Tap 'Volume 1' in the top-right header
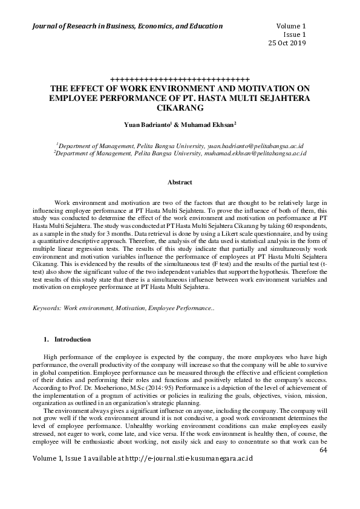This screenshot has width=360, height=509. [x=291, y=26]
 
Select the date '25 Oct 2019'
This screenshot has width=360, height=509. [x=287, y=43]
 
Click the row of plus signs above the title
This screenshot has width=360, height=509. [x=180, y=79]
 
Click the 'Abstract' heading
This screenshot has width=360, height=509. [x=180, y=182]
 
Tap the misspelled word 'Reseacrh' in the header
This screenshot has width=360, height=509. [x=76, y=26]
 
